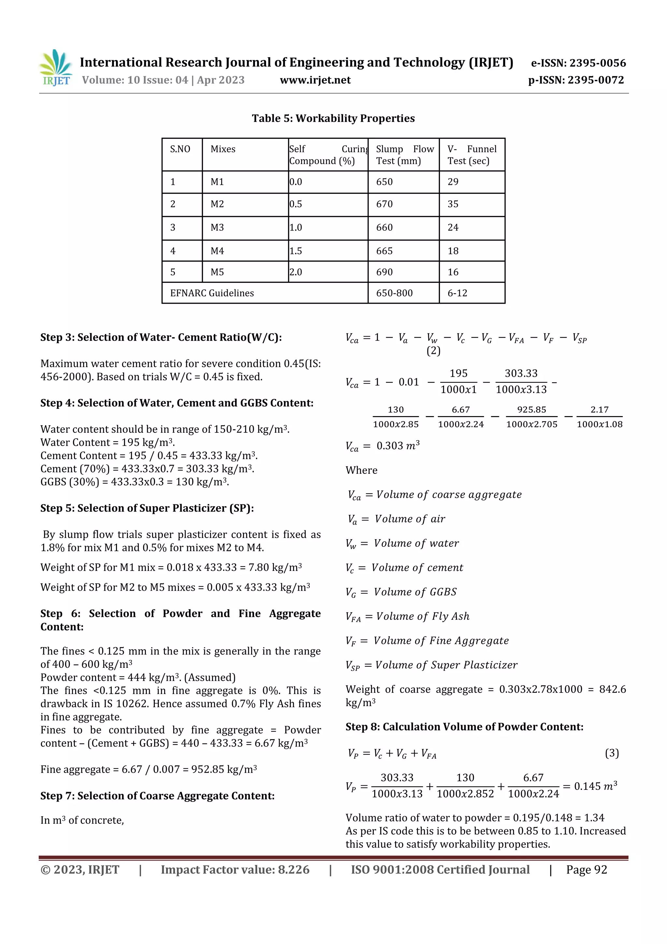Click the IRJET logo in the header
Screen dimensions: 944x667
(55, 68)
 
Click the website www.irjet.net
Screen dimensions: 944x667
(315, 80)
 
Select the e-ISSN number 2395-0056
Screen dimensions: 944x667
(578, 63)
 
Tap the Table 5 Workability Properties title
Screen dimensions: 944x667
(333, 118)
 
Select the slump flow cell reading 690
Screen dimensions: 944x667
(384, 272)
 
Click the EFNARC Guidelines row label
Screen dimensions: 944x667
(212, 293)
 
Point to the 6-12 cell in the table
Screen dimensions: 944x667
(457, 293)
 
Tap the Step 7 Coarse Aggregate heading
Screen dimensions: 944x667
(157, 796)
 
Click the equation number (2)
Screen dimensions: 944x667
(433, 351)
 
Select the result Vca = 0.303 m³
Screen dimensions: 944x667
(382, 446)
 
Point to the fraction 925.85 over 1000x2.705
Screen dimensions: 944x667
(532, 417)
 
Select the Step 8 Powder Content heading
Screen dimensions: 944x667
(464, 727)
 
